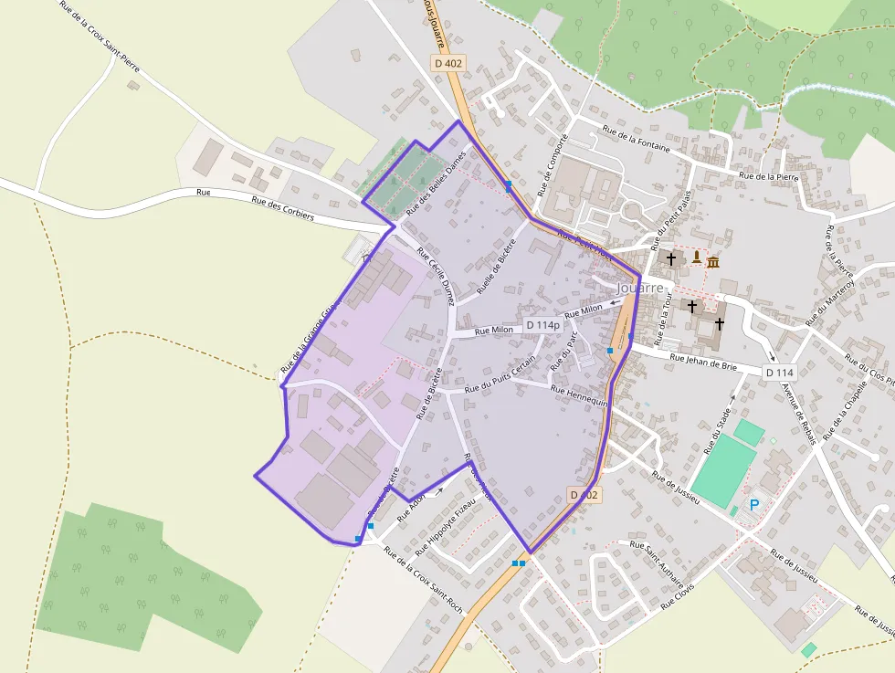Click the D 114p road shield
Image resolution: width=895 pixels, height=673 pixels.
(x=542, y=325)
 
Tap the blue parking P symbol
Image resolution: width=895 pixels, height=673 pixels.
(x=754, y=504)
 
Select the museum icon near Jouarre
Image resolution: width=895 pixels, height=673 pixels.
(x=712, y=262)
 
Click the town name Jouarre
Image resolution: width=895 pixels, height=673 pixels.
(x=639, y=287)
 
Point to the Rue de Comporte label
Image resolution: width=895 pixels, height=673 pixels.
(x=553, y=165)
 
